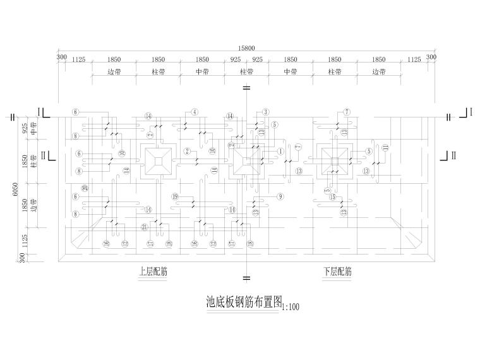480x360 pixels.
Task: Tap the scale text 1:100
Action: click(x=289, y=307)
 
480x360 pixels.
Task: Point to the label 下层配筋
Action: click(x=337, y=272)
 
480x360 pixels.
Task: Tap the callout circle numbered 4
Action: click(x=195, y=112)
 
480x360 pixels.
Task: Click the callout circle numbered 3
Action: click(x=266, y=112)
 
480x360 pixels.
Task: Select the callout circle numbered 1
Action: click(x=280, y=151)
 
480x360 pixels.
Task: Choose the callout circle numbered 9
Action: click(x=279, y=196)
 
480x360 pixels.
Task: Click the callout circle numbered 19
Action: click(x=175, y=196)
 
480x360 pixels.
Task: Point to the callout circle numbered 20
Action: click(x=85, y=189)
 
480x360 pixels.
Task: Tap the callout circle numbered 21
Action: click(x=145, y=227)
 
